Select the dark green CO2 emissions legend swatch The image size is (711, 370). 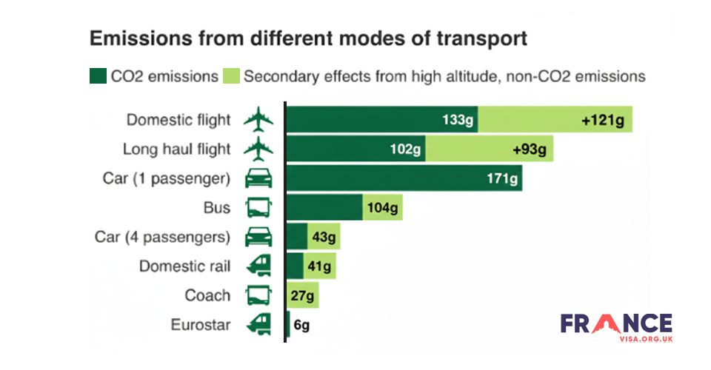[98, 76]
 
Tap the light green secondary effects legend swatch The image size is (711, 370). [231, 76]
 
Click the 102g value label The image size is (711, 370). [405, 149]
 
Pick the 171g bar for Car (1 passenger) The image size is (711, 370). [404, 178]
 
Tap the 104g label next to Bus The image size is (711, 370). [383, 208]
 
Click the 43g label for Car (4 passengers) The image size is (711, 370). [324, 237]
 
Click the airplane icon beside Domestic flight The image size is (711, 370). [258, 119]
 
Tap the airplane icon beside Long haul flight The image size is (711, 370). [258, 149]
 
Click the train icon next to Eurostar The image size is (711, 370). [258, 325]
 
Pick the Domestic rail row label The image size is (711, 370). [184, 266]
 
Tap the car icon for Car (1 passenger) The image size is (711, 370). [258, 178]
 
